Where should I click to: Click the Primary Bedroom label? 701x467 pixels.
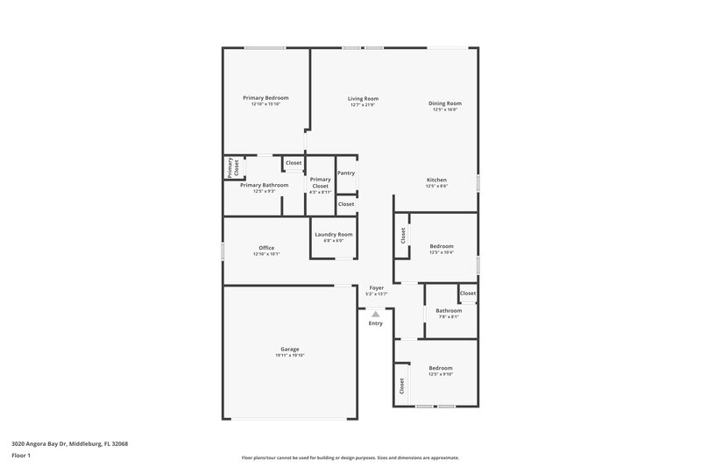pos(265,97)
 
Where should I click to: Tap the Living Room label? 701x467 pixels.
pos(362,99)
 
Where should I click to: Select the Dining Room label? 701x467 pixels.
pos(444,103)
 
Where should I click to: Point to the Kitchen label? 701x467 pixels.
pos(436,180)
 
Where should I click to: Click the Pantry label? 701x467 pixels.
pos(346,173)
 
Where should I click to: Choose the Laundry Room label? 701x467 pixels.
pos(333,234)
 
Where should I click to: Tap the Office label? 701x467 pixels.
pos(266,248)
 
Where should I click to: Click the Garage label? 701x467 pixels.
pos(290,349)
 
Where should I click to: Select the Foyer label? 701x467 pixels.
pos(376,287)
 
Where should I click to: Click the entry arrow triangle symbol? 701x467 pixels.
pos(375,313)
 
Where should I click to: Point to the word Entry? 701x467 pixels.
pos(375,323)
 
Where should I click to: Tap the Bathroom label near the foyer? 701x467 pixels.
pos(449,310)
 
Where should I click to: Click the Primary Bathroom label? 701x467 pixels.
pos(265,185)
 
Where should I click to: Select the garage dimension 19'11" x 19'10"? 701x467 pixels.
pos(290,356)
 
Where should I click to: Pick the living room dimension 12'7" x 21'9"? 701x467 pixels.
pos(362,105)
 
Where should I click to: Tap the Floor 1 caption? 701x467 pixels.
pos(22,456)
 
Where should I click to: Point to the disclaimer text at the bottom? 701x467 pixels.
pos(350,457)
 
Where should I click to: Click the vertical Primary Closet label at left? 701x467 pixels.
pos(233,167)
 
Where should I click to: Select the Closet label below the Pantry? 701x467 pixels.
pos(346,204)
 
